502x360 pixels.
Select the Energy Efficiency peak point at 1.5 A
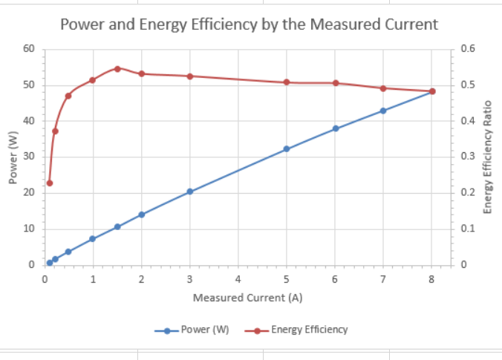click(117, 68)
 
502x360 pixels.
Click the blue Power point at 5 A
click(286, 149)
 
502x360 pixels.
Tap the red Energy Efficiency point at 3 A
click(190, 76)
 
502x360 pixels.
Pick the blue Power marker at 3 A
click(190, 192)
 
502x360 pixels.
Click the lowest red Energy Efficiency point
click(50, 183)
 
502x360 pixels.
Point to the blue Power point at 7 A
click(383, 111)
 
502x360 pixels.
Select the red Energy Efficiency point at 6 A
click(336, 82)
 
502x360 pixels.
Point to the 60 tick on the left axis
click(29, 49)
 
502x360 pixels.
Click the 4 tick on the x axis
click(238, 279)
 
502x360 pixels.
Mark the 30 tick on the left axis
click(29, 157)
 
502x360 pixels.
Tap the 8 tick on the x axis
click(431, 279)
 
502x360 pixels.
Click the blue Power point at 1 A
click(93, 239)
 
